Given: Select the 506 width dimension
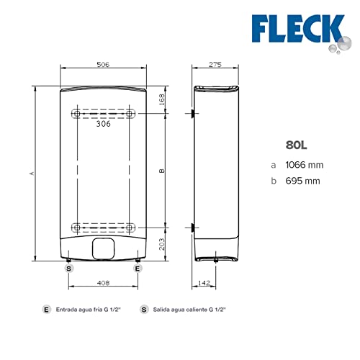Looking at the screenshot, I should (103, 65).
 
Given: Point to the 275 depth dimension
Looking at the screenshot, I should (215, 65).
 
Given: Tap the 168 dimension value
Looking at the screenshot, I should (163, 99).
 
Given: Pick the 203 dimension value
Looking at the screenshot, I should (163, 244).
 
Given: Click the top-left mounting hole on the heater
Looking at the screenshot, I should (76, 114).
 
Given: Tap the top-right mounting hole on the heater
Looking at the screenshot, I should (130, 114).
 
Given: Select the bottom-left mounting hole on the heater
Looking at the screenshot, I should (76, 228).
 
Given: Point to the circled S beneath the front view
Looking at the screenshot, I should (69, 267).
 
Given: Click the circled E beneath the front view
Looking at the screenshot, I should (137, 267).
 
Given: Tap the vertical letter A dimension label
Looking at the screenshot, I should (30, 173).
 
